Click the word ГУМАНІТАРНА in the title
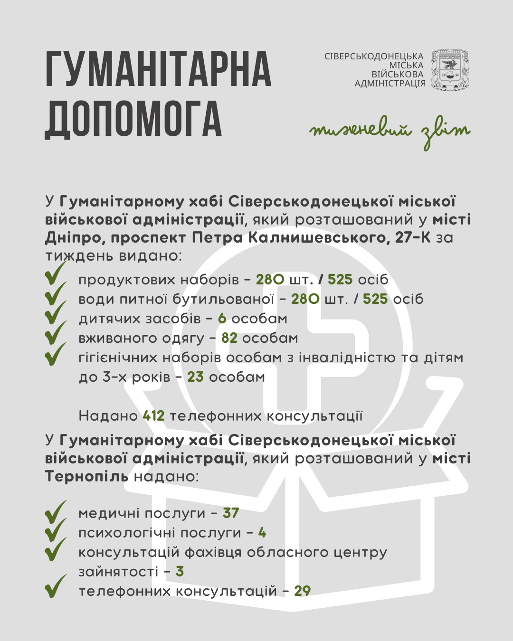[158, 69]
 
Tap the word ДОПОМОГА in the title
[133, 119]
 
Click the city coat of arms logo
[449, 70]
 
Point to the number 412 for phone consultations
[153, 416]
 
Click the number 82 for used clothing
[229, 338]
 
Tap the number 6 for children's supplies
[222, 319]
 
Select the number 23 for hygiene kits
[195, 377]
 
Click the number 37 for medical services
[231, 513]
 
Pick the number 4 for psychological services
[262, 533]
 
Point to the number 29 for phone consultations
[302, 591]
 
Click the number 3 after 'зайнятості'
[180, 572]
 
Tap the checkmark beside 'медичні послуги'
[56, 512]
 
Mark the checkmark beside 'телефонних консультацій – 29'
[56, 587]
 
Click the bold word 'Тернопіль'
[86, 476]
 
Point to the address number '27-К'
[412, 237]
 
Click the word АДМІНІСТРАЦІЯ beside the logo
[390, 84]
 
